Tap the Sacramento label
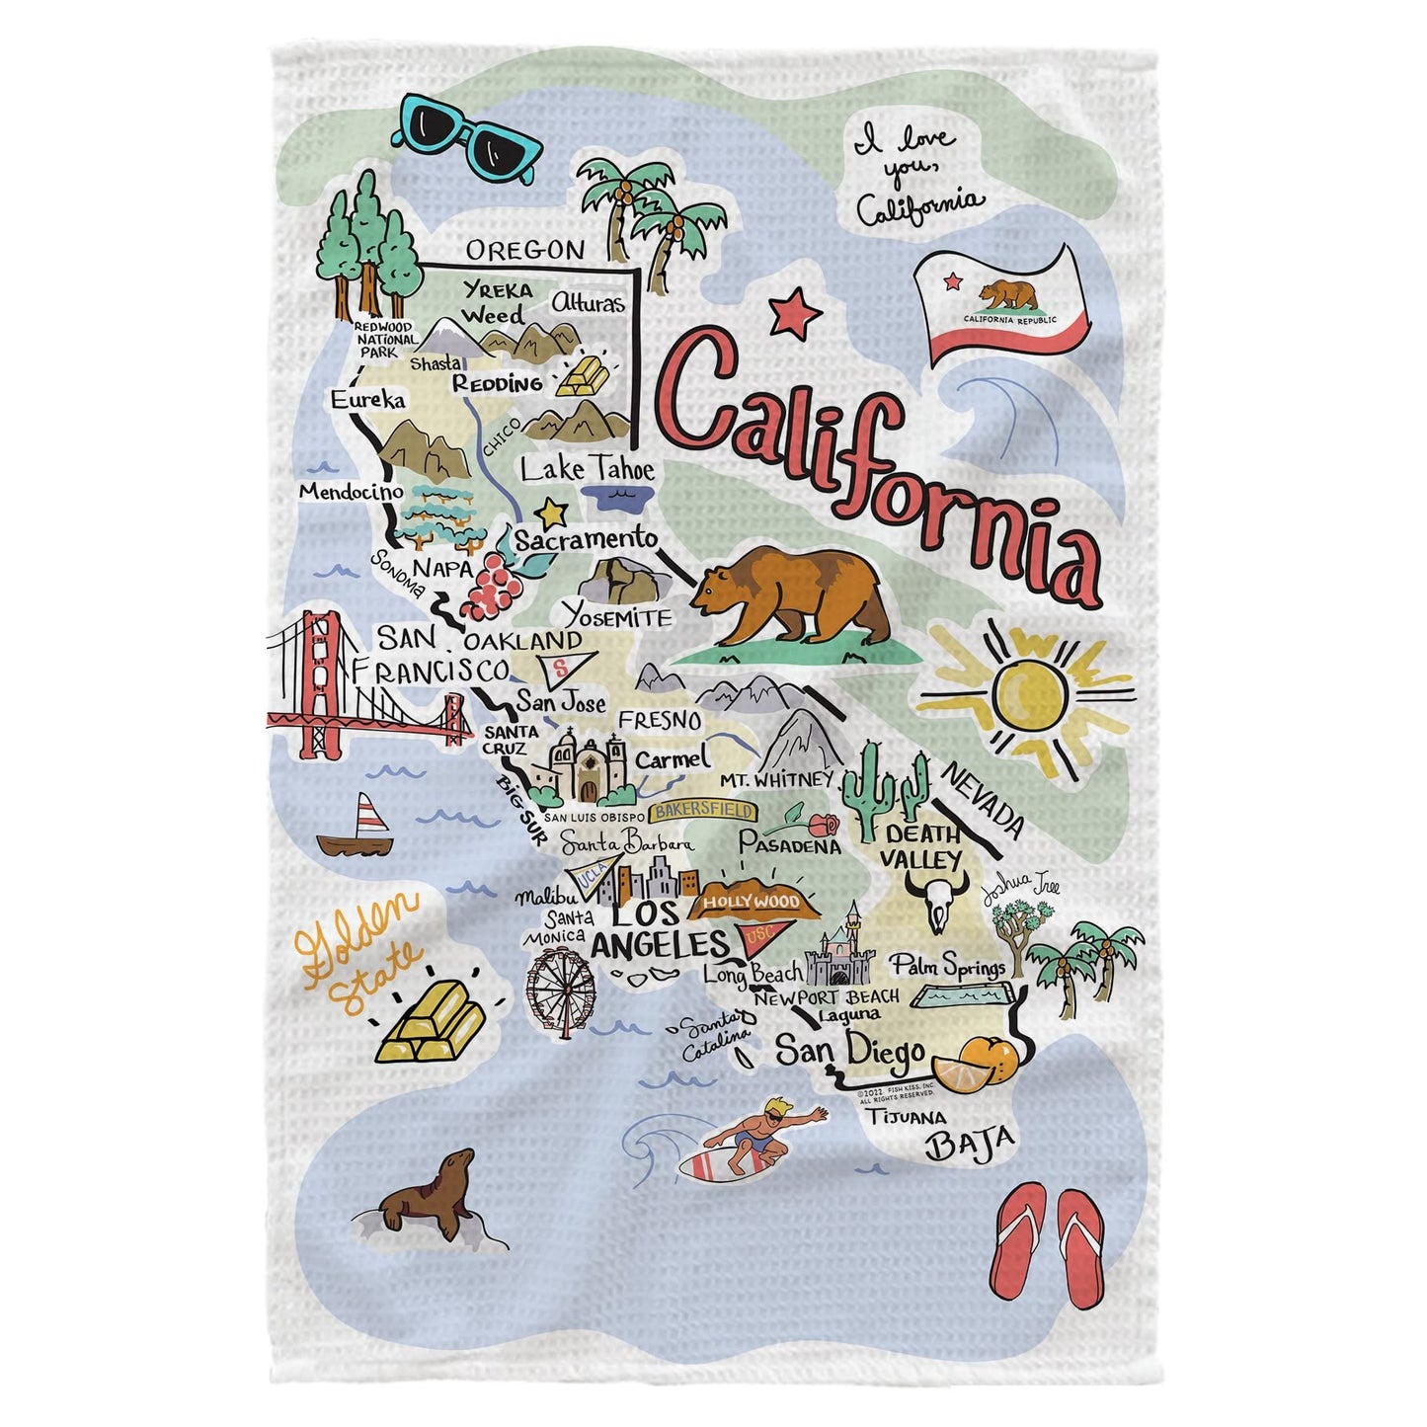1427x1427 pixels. click(587, 540)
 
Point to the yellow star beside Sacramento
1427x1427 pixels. click(551, 513)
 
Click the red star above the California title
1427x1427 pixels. click(795, 313)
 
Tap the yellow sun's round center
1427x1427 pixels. click(1030, 691)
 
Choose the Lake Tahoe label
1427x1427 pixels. click(587, 469)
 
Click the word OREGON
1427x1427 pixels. click(524, 251)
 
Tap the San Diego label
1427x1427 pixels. click(850, 1052)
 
